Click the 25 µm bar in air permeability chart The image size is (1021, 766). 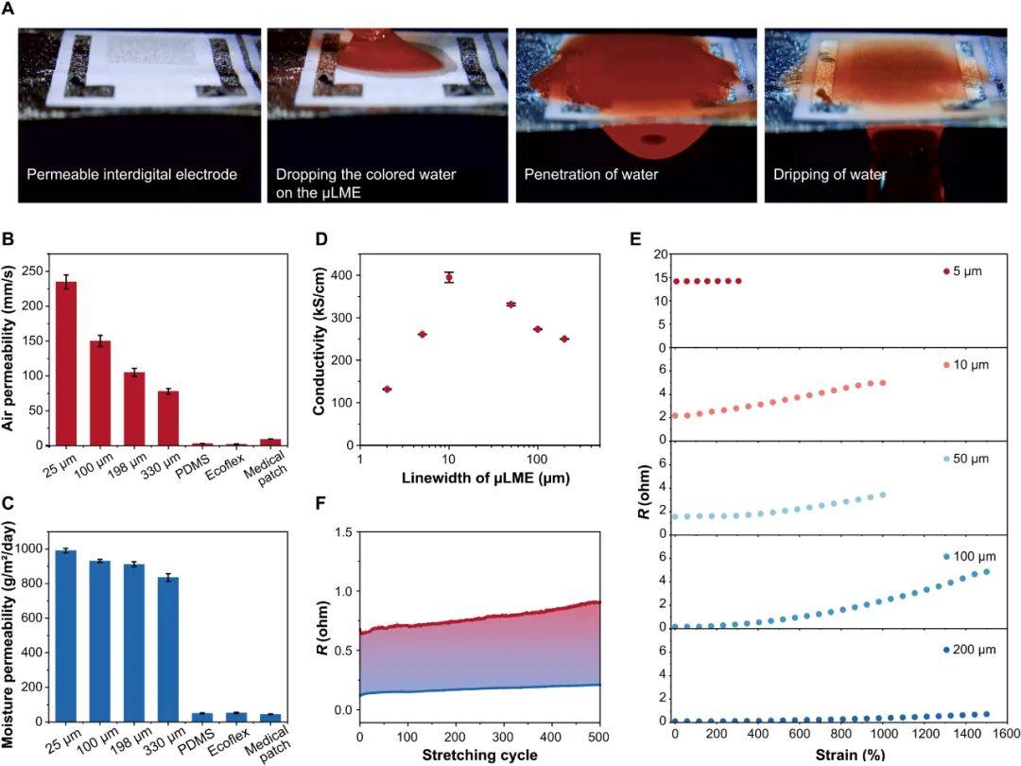[66, 363]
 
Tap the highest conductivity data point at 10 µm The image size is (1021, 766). [449, 277]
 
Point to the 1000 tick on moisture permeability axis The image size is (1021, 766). [32, 548]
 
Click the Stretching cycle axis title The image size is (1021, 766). [480, 756]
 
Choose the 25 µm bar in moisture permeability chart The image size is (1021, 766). [66, 635]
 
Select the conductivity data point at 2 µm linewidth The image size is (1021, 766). [387, 389]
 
